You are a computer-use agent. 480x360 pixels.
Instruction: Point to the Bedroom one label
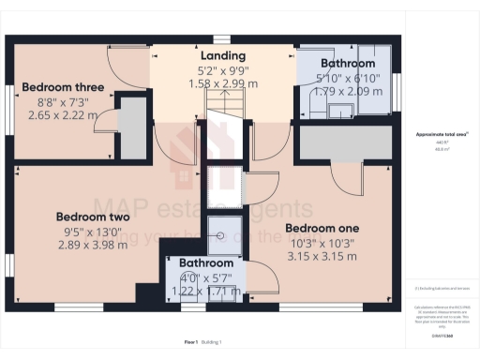322,228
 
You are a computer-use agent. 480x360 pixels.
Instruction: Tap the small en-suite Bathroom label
205,263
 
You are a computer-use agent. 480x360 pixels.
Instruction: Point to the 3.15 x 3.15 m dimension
322,256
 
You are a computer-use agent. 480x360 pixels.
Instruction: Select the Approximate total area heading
442,135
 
